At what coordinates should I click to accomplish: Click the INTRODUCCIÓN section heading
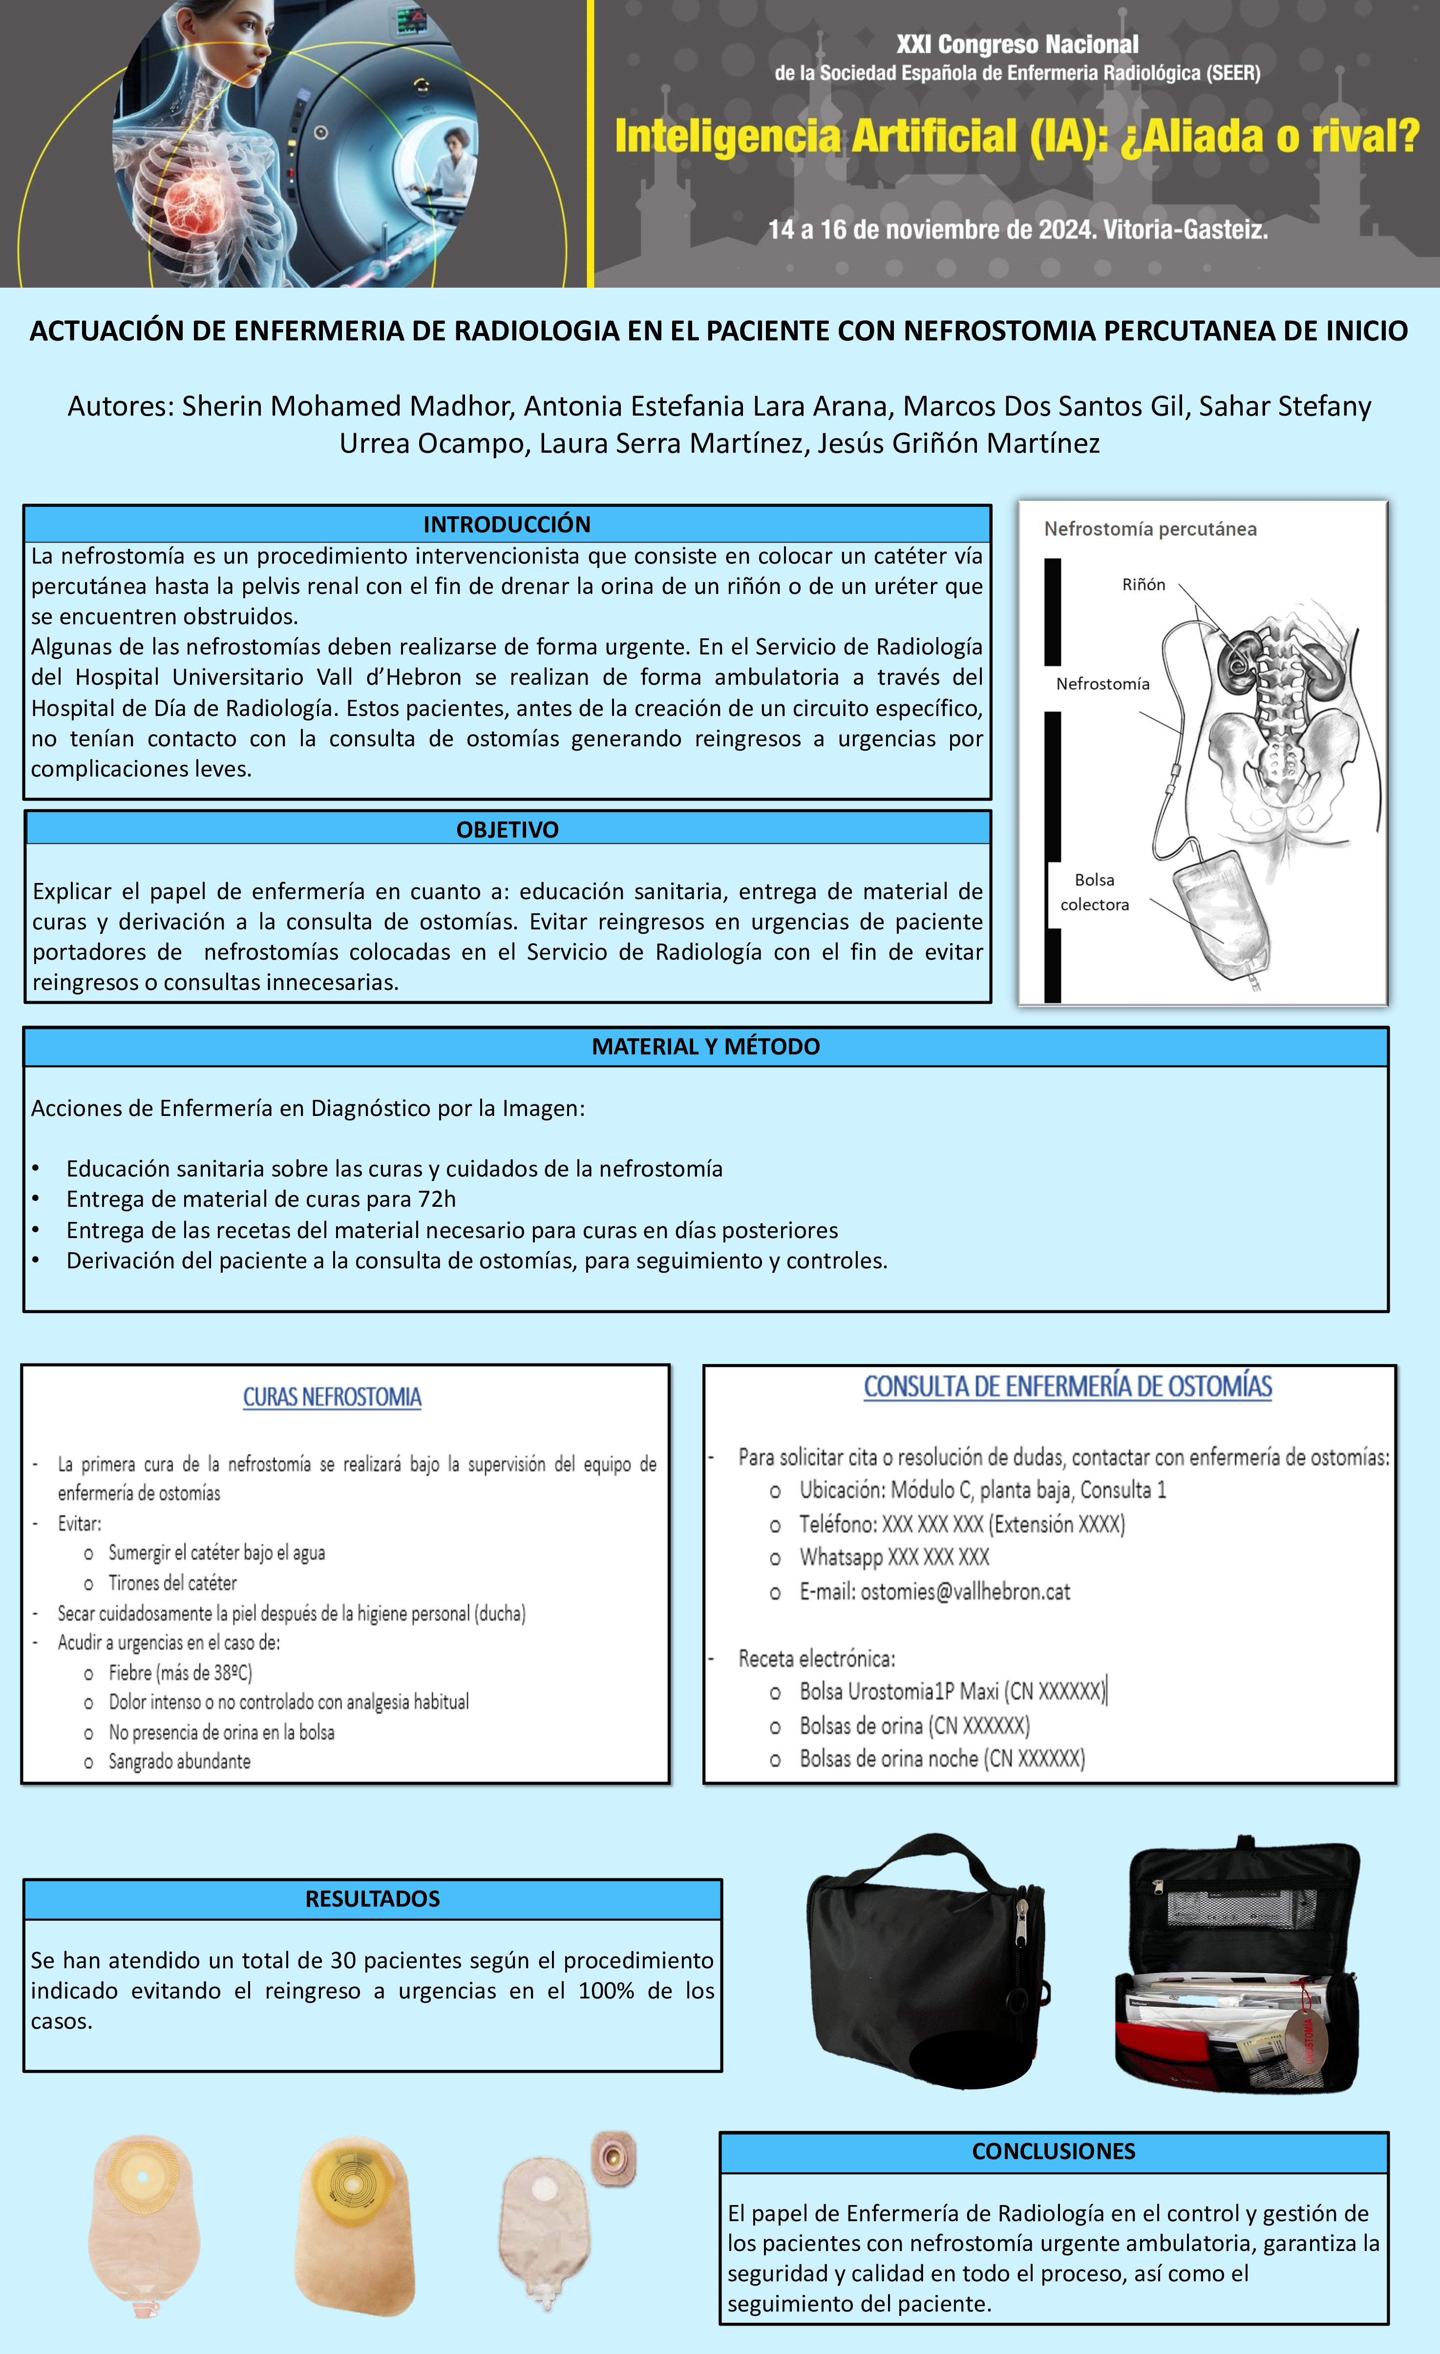[507, 524]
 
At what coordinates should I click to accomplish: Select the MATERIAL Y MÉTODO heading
[705, 1046]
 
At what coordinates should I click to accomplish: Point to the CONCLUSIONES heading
[1053, 2150]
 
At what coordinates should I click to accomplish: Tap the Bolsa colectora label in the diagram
[1094, 891]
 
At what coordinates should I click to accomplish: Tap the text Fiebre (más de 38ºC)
[180, 1672]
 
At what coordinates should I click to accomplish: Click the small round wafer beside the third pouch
[613, 2157]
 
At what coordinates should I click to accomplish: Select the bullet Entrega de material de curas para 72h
[261, 1199]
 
